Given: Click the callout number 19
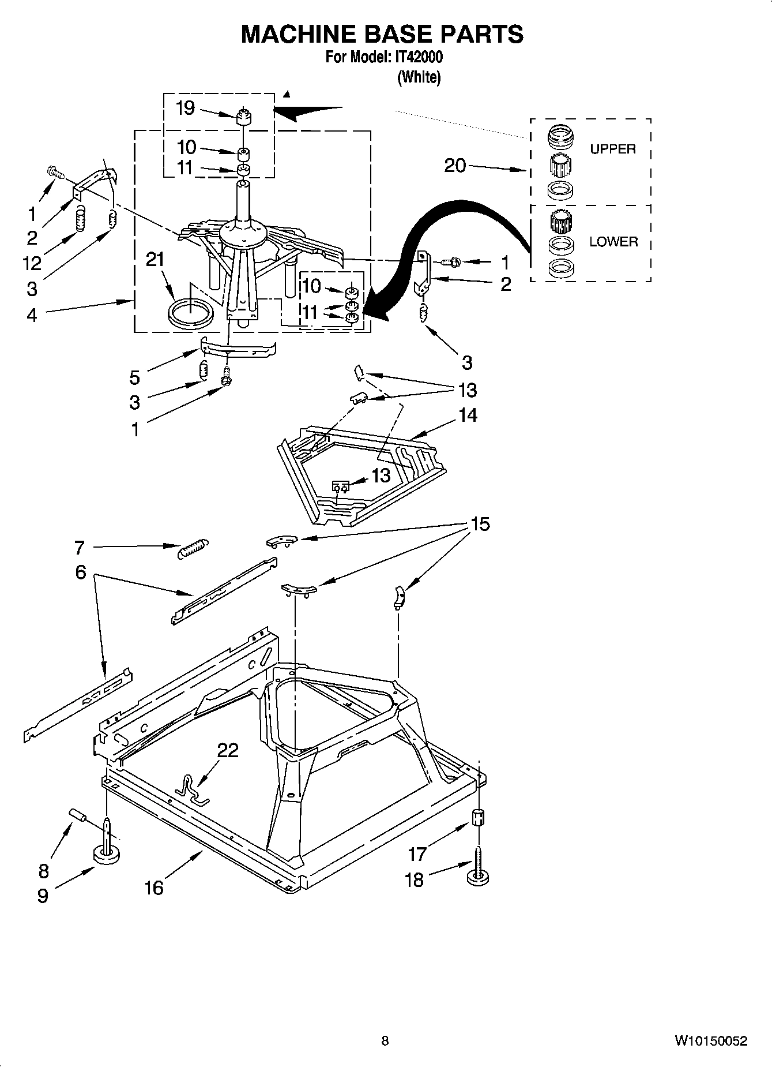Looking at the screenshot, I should point(185,108).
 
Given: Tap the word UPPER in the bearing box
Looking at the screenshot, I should point(612,149).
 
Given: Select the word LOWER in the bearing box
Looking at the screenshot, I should point(613,242).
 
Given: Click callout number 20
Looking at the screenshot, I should point(455,166).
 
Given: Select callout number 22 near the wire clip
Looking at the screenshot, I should point(228,750).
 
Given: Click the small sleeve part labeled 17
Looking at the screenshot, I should point(479,818).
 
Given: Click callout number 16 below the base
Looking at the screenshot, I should point(154,888).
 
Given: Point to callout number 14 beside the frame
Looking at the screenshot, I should point(468,415).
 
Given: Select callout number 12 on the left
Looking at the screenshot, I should point(32,263).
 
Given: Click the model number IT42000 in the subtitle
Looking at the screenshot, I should point(419,57).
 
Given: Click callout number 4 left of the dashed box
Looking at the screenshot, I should point(32,315).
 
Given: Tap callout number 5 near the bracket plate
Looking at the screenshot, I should point(134,378).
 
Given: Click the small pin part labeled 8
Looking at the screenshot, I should point(78,814).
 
